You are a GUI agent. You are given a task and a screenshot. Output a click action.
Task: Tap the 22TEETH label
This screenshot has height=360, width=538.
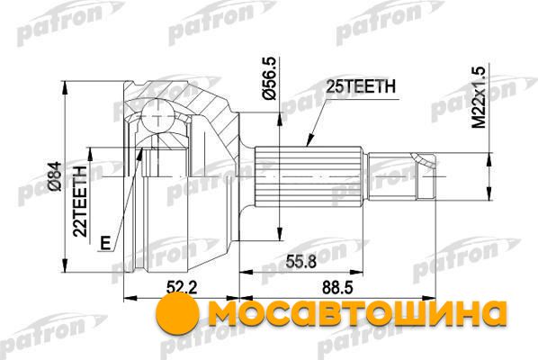coord(81,202)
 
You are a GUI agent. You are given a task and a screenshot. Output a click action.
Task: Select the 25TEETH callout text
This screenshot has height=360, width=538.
coord(361,86)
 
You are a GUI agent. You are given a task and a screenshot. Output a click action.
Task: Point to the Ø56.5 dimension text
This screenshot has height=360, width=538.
coord(269,78)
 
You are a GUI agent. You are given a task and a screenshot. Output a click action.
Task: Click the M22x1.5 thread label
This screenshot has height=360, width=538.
coord(479,97)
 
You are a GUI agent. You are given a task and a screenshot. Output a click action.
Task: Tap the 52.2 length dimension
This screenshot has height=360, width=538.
coord(182,288)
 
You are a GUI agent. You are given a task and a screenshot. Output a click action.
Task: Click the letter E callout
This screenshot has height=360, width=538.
coord(105,243)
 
